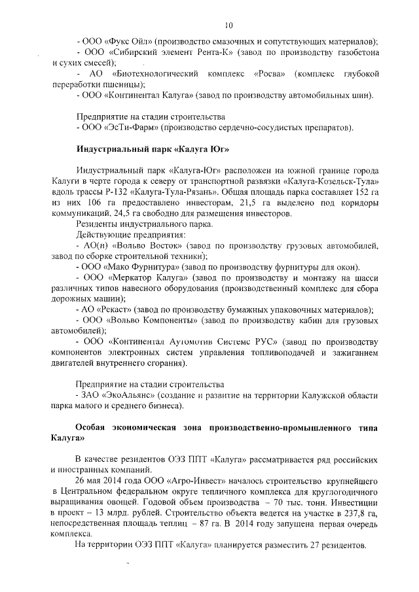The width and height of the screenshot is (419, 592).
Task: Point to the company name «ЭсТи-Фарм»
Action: point(125,126)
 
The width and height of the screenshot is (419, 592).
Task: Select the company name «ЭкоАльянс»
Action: point(132,394)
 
